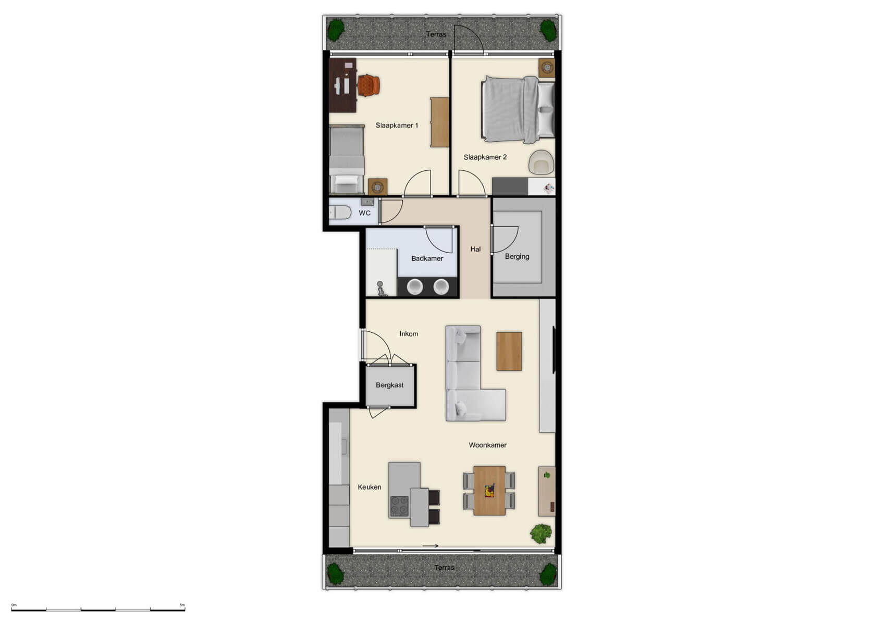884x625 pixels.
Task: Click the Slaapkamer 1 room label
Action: click(397, 126)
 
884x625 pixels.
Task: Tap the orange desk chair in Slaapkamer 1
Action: click(369, 85)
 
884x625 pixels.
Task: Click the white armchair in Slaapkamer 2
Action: click(541, 162)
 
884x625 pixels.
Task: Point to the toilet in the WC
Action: click(340, 213)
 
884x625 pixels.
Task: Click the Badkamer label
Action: click(427, 258)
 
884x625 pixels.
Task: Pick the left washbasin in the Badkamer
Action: click(415, 287)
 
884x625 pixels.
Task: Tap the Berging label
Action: click(517, 256)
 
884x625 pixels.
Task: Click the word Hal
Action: click(475, 249)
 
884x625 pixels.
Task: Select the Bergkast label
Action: click(389, 385)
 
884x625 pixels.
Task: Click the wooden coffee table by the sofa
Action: click(509, 352)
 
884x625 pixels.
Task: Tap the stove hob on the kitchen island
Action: click(400, 506)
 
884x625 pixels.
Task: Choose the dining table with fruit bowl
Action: click(489, 491)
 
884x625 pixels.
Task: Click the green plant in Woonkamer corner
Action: click(541, 533)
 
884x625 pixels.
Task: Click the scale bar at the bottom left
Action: click(98, 609)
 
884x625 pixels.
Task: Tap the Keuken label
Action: click(369, 488)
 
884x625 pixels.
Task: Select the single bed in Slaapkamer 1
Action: click(347, 159)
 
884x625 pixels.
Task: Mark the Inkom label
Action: click(409, 334)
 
